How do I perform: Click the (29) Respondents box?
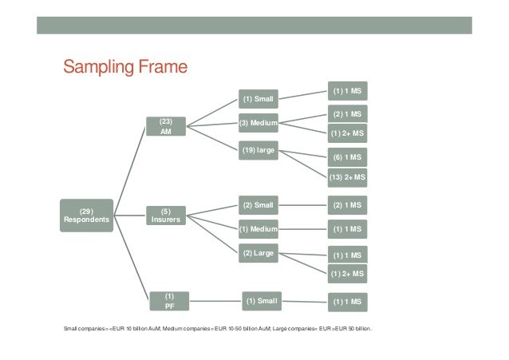[x=89, y=215]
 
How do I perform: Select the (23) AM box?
[x=166, y=126]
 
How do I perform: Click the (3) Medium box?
[x=258, y=123]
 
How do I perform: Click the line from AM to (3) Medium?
[x=212, y=124]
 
